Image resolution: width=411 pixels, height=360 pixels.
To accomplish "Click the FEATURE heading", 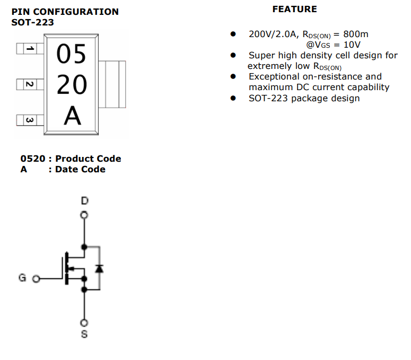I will [294, 9].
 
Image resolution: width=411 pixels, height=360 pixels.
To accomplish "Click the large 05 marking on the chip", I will [72, 54].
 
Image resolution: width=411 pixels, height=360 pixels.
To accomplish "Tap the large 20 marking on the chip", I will [72, 85].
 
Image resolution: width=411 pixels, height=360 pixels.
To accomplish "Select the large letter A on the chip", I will [73, 117].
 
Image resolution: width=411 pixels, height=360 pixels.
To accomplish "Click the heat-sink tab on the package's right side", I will [115, 83].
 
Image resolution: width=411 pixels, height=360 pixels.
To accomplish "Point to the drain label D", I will [84, 201].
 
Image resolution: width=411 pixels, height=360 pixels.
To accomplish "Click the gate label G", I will [22, 278].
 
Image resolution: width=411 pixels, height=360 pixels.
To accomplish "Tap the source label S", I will [84, 335].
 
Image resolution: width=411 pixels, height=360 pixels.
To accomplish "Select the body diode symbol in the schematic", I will [99, 268].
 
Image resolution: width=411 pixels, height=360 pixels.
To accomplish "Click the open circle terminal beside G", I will [36, 278].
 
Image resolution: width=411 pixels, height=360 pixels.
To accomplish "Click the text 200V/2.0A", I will [273, 34].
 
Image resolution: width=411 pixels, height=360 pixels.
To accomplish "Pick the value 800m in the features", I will [355, 34].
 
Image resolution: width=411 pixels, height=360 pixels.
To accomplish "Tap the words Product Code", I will [88, 159].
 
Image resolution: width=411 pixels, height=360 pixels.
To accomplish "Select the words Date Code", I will [80, 169].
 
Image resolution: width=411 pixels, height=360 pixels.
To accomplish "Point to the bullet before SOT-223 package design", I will [233, 98].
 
